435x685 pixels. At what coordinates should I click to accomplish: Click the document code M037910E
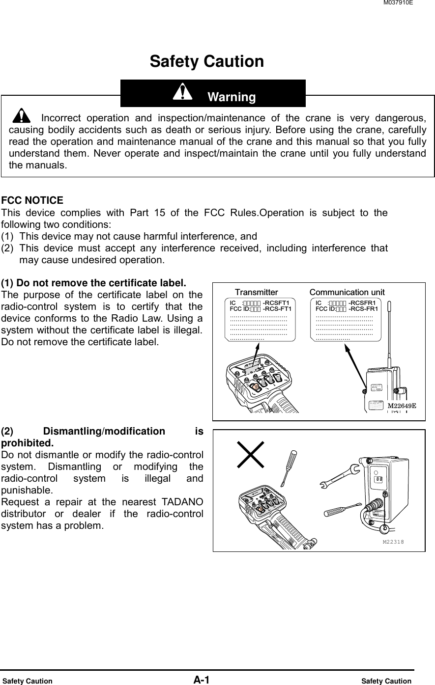point(397,3)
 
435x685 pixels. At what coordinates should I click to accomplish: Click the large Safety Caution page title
point(206,62)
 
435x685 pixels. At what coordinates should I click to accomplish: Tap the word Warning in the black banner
point(232,97)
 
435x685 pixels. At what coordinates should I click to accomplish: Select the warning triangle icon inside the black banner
point(183,92)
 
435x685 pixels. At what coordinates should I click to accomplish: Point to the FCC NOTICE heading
point(32,200)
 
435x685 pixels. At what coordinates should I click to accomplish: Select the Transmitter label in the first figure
point(256,292)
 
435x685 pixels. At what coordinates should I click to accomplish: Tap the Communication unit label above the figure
point(347,292)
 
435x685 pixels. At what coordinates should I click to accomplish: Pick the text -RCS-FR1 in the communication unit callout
point(363,309)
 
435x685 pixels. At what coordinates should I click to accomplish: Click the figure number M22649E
point(402,406)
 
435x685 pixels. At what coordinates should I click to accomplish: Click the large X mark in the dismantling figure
point(250,454)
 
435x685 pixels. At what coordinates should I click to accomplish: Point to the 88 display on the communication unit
point(378,479)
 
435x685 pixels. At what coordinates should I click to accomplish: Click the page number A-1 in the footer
point(201,680)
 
